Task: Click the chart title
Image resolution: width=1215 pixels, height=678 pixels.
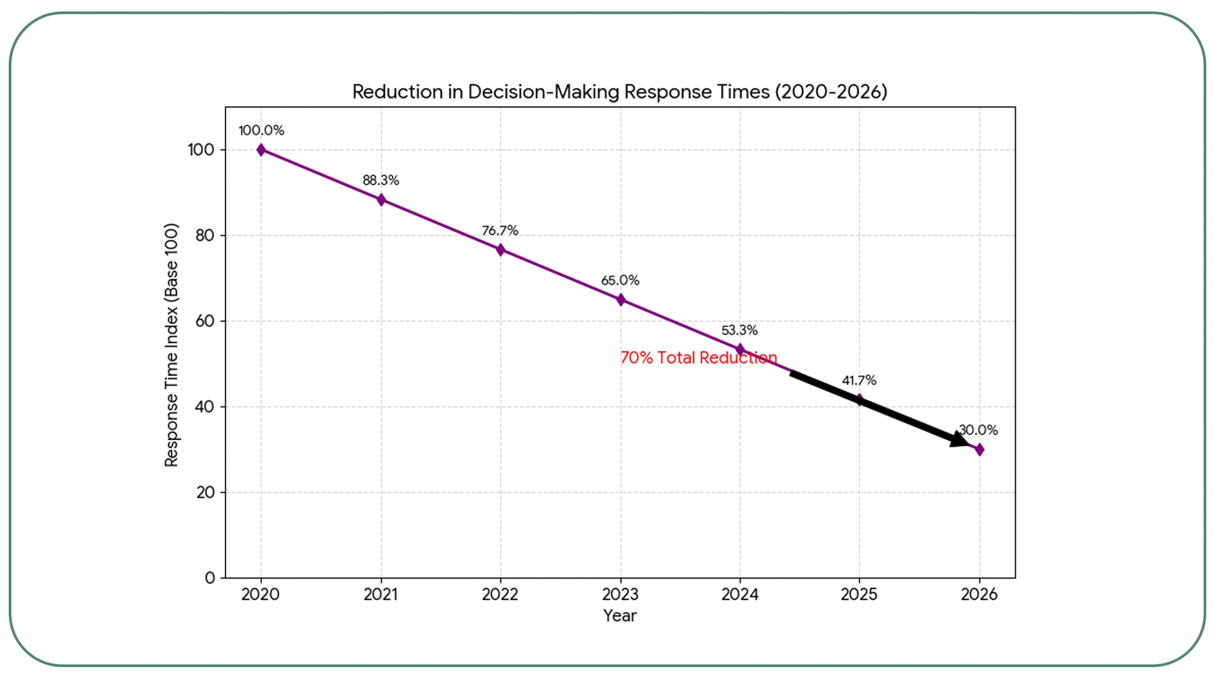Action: pyautogui.click(x=620, y=92)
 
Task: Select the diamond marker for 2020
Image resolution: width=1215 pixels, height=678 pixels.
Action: pyautogui.click(x=261, y=150)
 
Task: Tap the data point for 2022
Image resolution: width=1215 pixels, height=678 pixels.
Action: pyautogui.click(x=501, y=250)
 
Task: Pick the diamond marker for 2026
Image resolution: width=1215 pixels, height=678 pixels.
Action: pyautogui.click(x=979, y=449)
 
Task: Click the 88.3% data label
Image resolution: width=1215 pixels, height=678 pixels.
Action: pyautogui.click(x=381, y=180)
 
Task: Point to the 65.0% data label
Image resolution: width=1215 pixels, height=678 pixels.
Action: pyautogui.click(x=620, y=280)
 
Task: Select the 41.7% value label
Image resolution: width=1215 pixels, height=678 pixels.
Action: pyautogui.click(x=859, y=381)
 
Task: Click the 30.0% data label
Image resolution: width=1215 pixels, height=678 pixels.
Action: pyautogui.click(x=979, y=430)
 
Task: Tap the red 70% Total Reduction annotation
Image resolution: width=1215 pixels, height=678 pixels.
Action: pyautogui.click(x=699, y=358)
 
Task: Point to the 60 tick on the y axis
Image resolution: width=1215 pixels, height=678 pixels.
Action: pyautogui.click(x=205, y=321)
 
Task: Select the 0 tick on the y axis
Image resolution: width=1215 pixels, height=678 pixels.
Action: pyautogui.click(x=210, y=578)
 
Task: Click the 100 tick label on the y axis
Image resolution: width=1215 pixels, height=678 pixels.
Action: pyautogui.click(x=201, y=150)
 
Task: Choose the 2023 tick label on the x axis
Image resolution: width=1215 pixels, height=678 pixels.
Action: pyautogui.click(x=620, y=594)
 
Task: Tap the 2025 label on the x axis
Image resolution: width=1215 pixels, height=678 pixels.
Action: pyautogui.click(x=859, y=594)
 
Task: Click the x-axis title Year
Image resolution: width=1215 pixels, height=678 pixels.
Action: pyautogui.click(x=620, y=616)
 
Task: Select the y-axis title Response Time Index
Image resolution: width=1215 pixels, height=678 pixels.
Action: pyautogui.click(x=172, y=344)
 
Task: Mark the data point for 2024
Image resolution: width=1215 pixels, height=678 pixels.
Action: pyautogui.click(x=740, y=349)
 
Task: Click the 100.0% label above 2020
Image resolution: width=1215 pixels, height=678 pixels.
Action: pyautogui.click(x=261, y=131)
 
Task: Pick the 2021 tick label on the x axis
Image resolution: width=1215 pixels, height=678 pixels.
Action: pyautogui.click(x=381, y=594)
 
